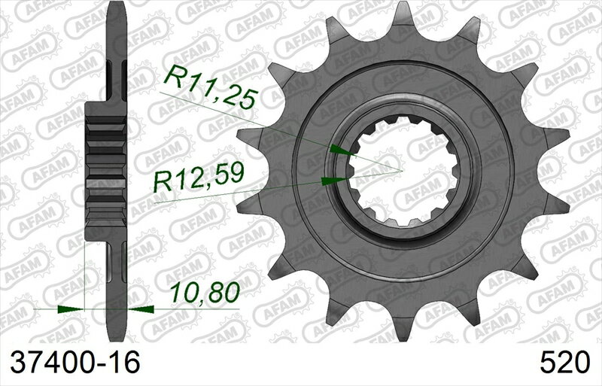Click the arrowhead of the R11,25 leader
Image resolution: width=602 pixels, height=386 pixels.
coord(342,150)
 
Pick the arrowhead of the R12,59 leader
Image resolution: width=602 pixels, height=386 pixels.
coord(331,181)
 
